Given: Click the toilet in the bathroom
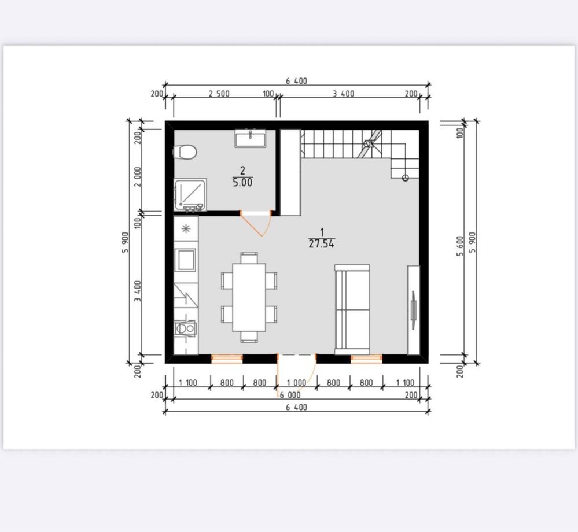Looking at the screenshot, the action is pyautogui.click(x=185, y=152).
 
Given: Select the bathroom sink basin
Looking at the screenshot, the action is pyautogui.click(x=251, y=139).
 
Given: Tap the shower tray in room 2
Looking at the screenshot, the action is pyautogui.click(x=190, y=195).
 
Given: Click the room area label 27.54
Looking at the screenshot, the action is pyautogui.click(x=322, y=243).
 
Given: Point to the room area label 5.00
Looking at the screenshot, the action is pyautogui.click(x=242, y=182).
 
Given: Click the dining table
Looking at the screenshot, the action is pyautogui.click(x=249, y=297).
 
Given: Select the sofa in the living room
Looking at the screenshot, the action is pyautogui.click(x=352, y=309).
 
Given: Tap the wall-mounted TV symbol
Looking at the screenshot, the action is pyautogui.click(x=413, y=310).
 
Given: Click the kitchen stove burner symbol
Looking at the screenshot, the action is pyautogui.click(x=186, y=229).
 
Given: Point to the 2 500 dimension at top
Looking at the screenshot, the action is pyautogui.click(x=219, y=94).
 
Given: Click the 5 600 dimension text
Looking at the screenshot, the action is pyautogui.click(x=459, y=246).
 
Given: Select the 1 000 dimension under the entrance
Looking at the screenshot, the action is pyautogui.click(x=296, y=383).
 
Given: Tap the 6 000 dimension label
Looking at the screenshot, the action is pyautogui.click(x=290, y=395).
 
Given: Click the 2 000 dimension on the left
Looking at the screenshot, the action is pyautogui.click(x=138, y=177).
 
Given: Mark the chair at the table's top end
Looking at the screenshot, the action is pyautogui.click(x=249, y=257).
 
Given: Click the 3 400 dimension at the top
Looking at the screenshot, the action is pyautogui.click(x=343, y=94).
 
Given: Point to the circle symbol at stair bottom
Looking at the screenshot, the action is pyautogui.click(x=405, y=178).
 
